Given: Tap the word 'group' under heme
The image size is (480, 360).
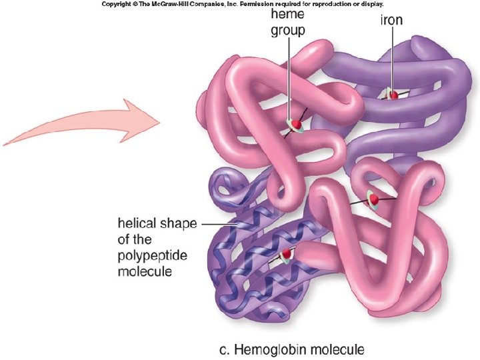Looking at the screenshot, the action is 288,31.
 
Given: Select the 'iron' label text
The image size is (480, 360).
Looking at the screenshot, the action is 391,20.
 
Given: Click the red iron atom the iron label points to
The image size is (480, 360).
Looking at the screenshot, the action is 393,95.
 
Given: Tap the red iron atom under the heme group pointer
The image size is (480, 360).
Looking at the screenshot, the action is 294,124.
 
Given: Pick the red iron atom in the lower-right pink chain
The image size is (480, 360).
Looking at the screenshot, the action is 374,199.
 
